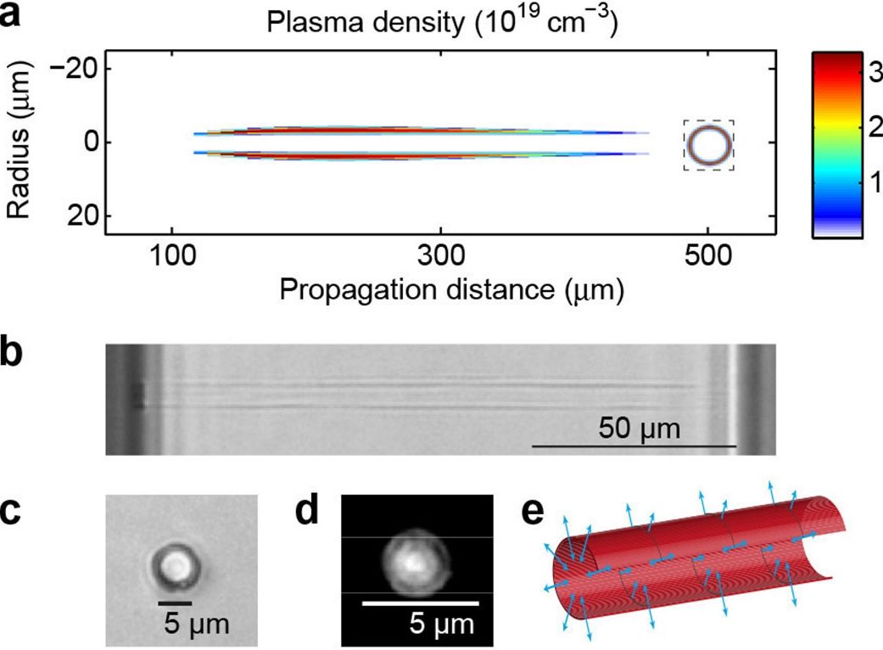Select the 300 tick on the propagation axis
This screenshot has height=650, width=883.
coord(440,258)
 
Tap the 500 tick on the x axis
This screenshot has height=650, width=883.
coord(708,258)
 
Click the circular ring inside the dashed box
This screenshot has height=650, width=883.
coord(708,145)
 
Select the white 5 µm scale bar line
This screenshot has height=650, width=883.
coord(420,603)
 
